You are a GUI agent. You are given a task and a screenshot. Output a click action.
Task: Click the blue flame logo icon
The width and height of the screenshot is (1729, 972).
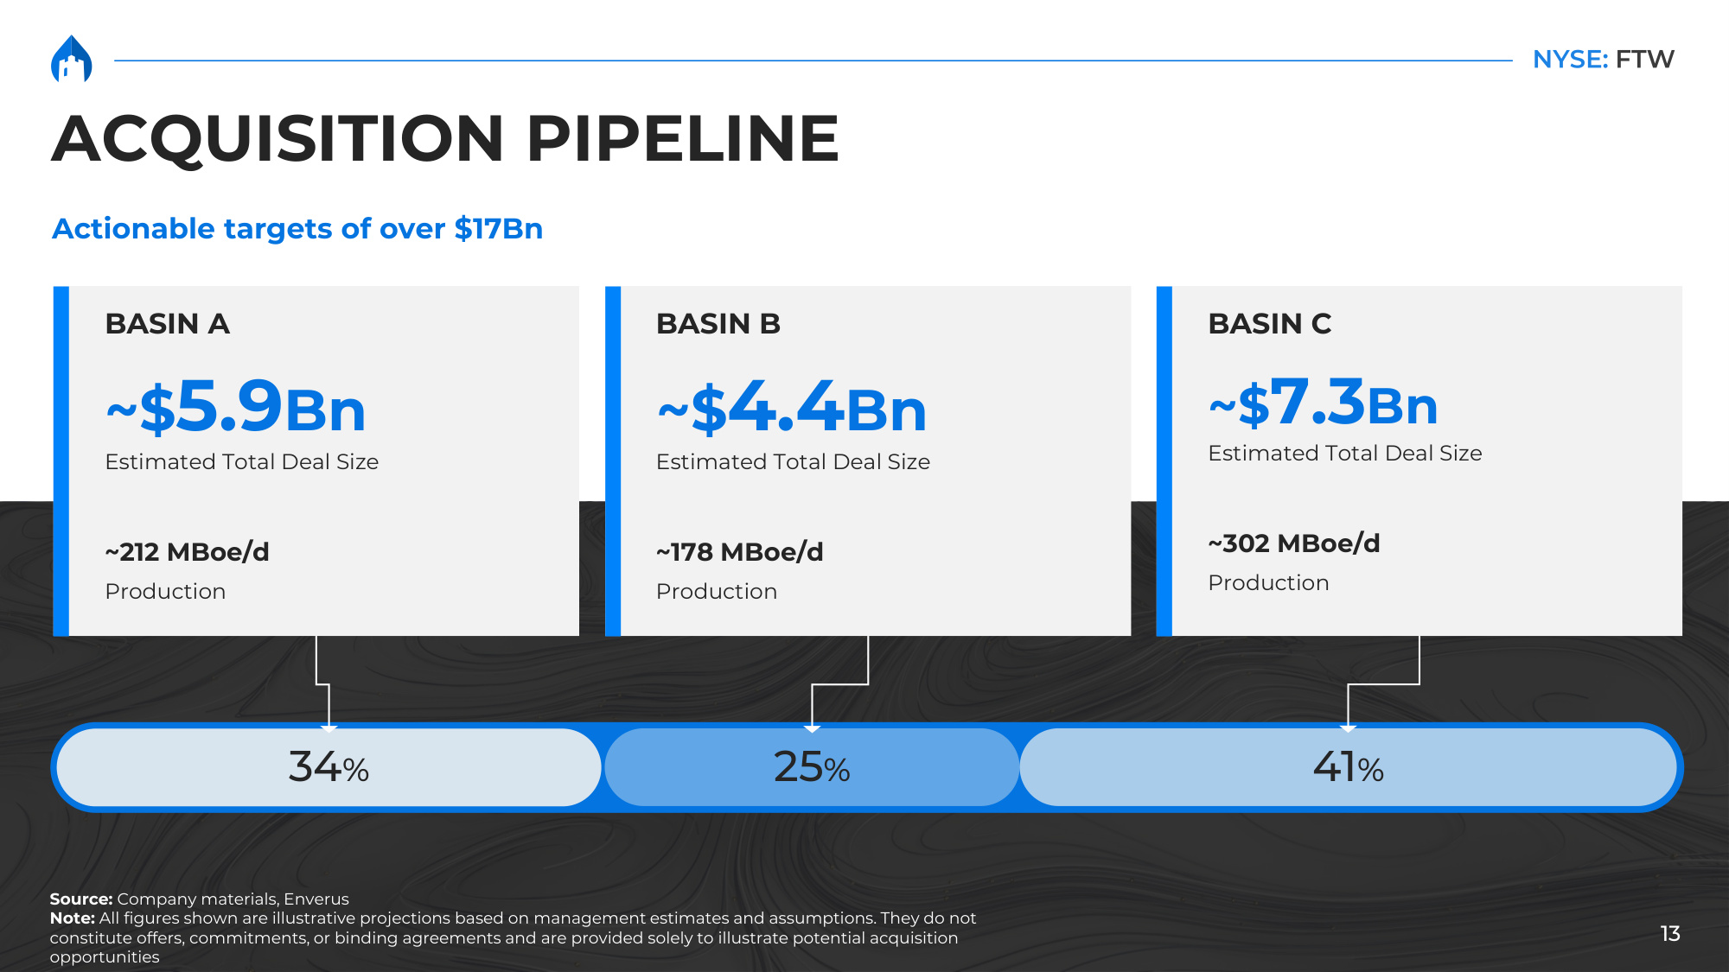(x=72, y=59)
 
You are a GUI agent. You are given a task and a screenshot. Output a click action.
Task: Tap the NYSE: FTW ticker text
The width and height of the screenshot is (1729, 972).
(x=1603, y=59)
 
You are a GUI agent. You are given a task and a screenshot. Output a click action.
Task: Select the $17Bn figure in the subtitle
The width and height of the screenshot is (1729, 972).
(x=499, y=228)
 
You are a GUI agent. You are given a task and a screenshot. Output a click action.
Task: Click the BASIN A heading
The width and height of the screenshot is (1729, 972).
(x=167, y=323)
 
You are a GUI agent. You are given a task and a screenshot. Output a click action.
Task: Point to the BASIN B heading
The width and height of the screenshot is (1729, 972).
(x=718, y=323)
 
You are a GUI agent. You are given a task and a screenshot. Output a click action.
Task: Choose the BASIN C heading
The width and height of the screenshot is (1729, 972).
(x=1269, y=323)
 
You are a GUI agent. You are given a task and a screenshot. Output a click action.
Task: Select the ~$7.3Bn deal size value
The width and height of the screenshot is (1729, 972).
(x=1323, y=402)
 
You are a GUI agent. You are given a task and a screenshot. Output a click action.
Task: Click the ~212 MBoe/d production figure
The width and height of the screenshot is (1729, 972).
(x=187, y=551)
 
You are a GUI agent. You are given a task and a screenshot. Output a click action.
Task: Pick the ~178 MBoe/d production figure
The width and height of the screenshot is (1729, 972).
(x=739, y=551)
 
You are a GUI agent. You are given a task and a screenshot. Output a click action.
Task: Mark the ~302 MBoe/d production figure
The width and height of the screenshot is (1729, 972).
(x=1293, y=543)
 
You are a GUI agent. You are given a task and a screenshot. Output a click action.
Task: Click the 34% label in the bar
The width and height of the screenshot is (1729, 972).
(x=329, y=766)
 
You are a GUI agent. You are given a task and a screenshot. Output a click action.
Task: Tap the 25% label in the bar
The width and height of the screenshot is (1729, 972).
(x=812, y=766)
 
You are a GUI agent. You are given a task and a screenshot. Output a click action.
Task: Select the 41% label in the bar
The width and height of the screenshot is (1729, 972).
(x=1348, y=766)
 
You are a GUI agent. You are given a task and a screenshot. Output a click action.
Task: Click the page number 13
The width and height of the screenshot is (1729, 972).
(x=1670, y=933)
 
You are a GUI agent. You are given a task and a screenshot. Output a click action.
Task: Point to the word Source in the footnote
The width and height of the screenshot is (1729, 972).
(x=79, y=899)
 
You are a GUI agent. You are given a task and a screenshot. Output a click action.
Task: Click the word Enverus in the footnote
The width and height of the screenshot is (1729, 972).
(x=316, y=899)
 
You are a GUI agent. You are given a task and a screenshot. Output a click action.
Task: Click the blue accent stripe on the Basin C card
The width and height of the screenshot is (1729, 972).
(x=1164, y=461)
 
